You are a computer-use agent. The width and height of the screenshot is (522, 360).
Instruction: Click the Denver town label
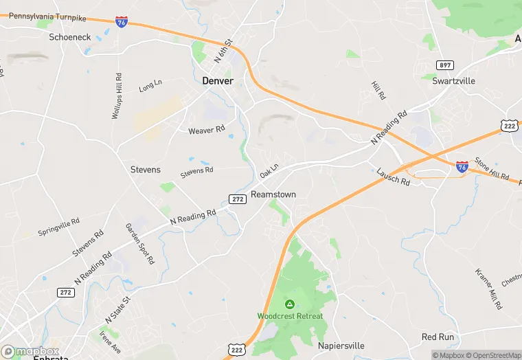(x=218, y=81)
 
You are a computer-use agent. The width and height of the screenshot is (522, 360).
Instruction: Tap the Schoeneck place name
(x=70, y=36)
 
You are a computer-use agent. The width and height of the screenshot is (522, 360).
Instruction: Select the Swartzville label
(x=454, y=80)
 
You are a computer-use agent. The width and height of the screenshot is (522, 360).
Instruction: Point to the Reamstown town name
(x=273, y=194)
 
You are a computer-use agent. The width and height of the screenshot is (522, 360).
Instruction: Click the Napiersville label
(x=341, y=346)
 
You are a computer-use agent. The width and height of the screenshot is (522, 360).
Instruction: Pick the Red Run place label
(x=438, y=337)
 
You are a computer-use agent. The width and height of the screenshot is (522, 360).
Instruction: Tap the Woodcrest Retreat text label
(x=290, y=316)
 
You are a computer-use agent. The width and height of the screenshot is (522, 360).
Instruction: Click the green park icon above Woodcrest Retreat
(x=290, y=304)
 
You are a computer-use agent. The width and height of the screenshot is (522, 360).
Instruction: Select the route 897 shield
(x=446, y=65)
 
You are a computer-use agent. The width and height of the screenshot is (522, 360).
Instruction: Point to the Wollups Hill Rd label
(x=117, y=96)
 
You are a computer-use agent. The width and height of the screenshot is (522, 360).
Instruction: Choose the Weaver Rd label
(x=207, y=129)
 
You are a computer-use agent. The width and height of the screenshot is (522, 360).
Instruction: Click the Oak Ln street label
(x=269, y=170)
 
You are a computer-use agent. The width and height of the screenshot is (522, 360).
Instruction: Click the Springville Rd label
(x=59, y=225)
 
